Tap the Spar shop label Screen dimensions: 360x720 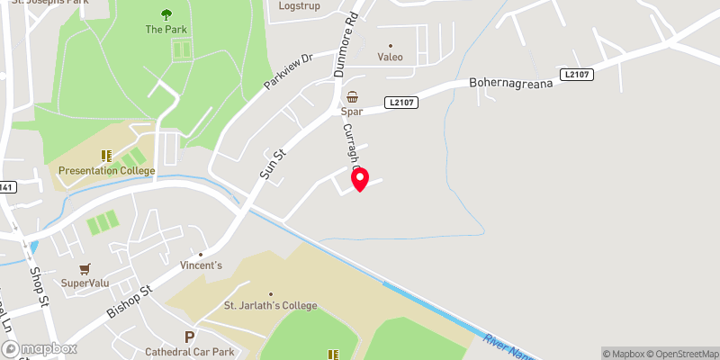(x=351, y=112)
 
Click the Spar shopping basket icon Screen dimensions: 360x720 (x=352, y=97)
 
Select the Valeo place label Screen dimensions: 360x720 (x=390, y=57)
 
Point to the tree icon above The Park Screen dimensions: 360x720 (x=166, y=14)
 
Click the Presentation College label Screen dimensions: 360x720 (x=107, y=171)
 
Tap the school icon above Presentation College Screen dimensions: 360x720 (x=106, y=156)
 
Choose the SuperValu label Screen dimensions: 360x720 (x=85, y=283)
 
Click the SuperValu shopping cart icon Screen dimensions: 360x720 (x=85, y=268)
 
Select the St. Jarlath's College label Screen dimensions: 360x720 (x=270, y=306)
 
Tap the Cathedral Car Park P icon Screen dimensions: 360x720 (x=189, y=337)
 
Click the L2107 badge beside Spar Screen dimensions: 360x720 (x=402, y=103)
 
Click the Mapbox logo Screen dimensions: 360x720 (x=38, y=348)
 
